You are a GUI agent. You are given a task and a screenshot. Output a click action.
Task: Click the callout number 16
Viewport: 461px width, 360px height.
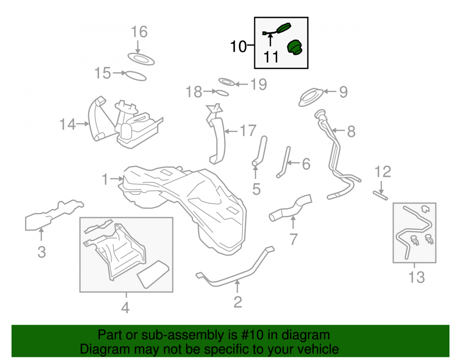click(139, 32)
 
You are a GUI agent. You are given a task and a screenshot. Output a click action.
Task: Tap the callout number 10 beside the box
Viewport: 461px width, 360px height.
click(238, 47)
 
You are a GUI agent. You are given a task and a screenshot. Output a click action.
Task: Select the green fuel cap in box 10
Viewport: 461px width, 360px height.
click(295, 48)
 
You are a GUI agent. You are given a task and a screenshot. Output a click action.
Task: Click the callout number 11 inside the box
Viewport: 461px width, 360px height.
click(271, 57)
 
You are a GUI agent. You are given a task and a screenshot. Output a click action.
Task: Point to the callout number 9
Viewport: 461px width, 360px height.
click(343, 92)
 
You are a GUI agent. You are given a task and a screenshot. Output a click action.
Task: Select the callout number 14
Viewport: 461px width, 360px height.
click(68, 124)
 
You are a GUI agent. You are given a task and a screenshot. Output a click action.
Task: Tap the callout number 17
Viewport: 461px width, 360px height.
click(248, 131)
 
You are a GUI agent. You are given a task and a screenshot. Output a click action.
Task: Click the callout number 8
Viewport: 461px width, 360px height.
click(351, 131)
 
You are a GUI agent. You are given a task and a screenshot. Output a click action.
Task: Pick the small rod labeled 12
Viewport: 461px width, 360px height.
click(380, 196)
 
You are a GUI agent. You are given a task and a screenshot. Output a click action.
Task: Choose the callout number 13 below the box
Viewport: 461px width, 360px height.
click(417, 277)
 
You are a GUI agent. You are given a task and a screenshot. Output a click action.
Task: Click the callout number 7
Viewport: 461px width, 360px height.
click(293, 239)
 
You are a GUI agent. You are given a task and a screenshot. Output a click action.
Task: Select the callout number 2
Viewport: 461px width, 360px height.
click(237, 302)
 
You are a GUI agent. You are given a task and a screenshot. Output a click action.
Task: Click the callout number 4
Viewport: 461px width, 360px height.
click(125, 308)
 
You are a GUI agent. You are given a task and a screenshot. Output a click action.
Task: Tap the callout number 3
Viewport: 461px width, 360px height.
click(42, 252)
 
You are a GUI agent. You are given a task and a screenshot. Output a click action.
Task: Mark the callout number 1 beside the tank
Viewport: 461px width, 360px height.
click(105, 179)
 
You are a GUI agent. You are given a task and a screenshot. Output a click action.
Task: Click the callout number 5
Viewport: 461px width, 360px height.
click(256, 189)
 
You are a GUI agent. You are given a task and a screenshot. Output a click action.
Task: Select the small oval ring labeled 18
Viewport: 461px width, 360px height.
click(223, 93)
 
